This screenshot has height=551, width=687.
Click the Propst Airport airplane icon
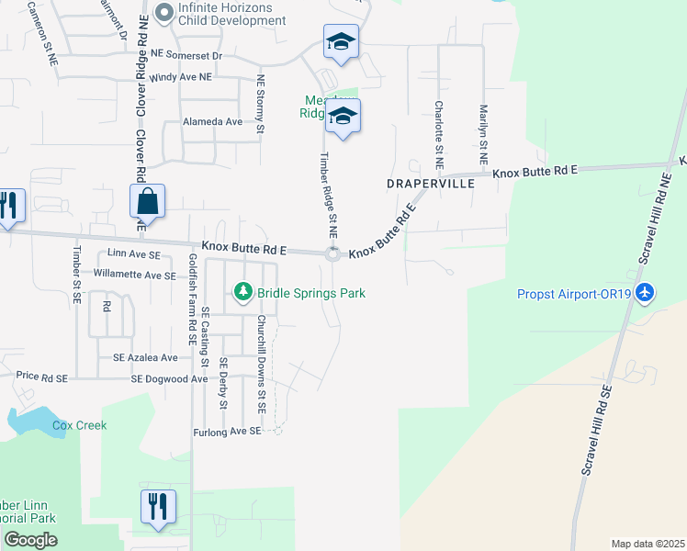coord(646,292)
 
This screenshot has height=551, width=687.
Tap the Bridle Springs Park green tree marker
coord(243,292)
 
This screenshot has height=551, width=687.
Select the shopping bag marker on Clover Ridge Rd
coord(148,201)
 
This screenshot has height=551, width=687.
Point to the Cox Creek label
coord(79,425)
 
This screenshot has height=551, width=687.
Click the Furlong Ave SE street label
coord(228,431)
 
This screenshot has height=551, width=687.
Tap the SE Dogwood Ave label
coord(169,378)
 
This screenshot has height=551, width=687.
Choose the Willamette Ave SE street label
coord(134,275)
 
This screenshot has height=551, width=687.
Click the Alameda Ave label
coord(212,121)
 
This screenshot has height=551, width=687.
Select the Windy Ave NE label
coord(180,78)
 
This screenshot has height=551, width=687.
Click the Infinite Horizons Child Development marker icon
coord(164,13)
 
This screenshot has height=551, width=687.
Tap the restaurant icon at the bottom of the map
coord(158,507)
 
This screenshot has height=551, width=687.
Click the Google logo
coord(30,540)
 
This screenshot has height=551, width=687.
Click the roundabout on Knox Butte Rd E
coord(332,254)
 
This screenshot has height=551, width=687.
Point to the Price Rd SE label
coord(42,377)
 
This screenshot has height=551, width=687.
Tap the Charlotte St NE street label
coord(439,133)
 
